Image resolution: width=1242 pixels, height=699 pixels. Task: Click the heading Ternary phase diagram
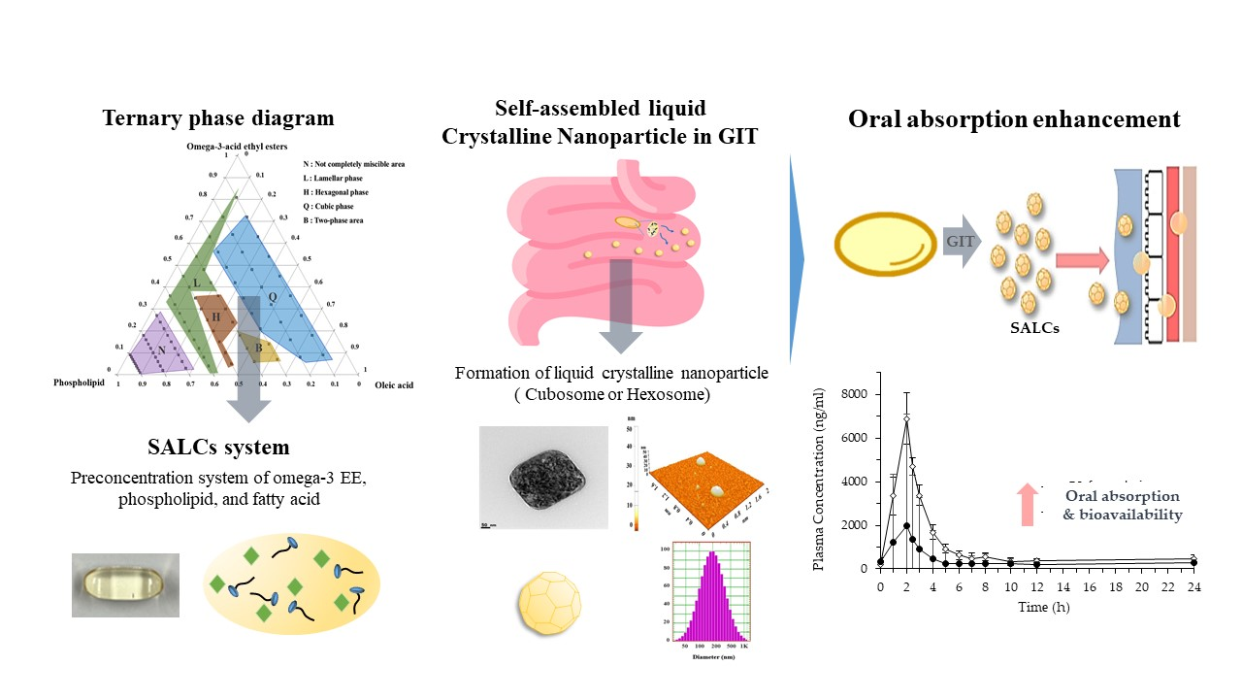click(x=218, y=119)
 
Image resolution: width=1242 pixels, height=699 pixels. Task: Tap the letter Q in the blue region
click(x=273, y=297)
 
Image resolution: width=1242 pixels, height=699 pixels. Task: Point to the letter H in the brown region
click(x=216, y=316)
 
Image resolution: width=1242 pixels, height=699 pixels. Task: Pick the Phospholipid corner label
click(x=79, y=383)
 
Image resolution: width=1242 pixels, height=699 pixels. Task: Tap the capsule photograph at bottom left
click(x=125, y=584)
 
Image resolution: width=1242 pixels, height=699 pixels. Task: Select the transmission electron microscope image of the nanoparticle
click(x=543, y=477)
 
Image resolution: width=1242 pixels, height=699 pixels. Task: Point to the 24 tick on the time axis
click(x=1193, y=587)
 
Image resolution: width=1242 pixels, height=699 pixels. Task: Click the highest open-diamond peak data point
click(x=906, y=418)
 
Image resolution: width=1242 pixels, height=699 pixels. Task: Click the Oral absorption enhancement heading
click(x=1014, y=119)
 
